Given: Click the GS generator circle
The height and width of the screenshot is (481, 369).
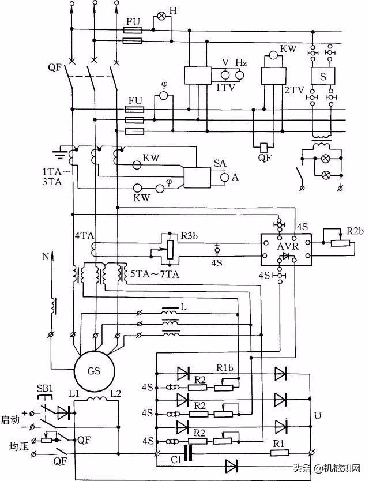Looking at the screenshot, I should click(93, 371).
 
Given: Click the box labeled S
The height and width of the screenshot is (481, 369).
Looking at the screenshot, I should click(322, 75).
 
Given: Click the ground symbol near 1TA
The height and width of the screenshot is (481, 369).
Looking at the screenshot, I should click(58, 154).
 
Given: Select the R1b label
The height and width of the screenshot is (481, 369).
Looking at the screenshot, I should click(225, 367).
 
